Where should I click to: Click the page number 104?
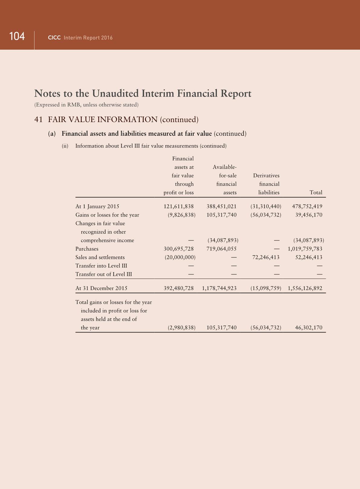(x=17, y=36)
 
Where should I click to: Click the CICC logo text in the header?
(x=54, y=38)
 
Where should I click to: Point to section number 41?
(x=38, y=120)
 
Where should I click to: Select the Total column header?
(x=316, y=193)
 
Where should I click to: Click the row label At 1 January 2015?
(x=97, y=207)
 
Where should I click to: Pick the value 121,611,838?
(x=178, y=207)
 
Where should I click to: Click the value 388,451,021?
(x=221, y=207)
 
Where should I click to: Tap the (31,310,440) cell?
(x=266, y=207)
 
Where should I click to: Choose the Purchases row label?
(x=87, y=249)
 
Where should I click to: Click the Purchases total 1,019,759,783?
(x=305, y=249)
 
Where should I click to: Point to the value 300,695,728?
(x=178, y=249)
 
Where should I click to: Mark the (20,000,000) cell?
(x=180, y=257)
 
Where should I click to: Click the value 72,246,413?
(x=266, y=257)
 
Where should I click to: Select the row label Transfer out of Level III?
(x=103, y=274)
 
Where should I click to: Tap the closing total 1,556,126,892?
(x=305, y=288)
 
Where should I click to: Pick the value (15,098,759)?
(x=266, y=288)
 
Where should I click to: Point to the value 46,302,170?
(x=309, y=328)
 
